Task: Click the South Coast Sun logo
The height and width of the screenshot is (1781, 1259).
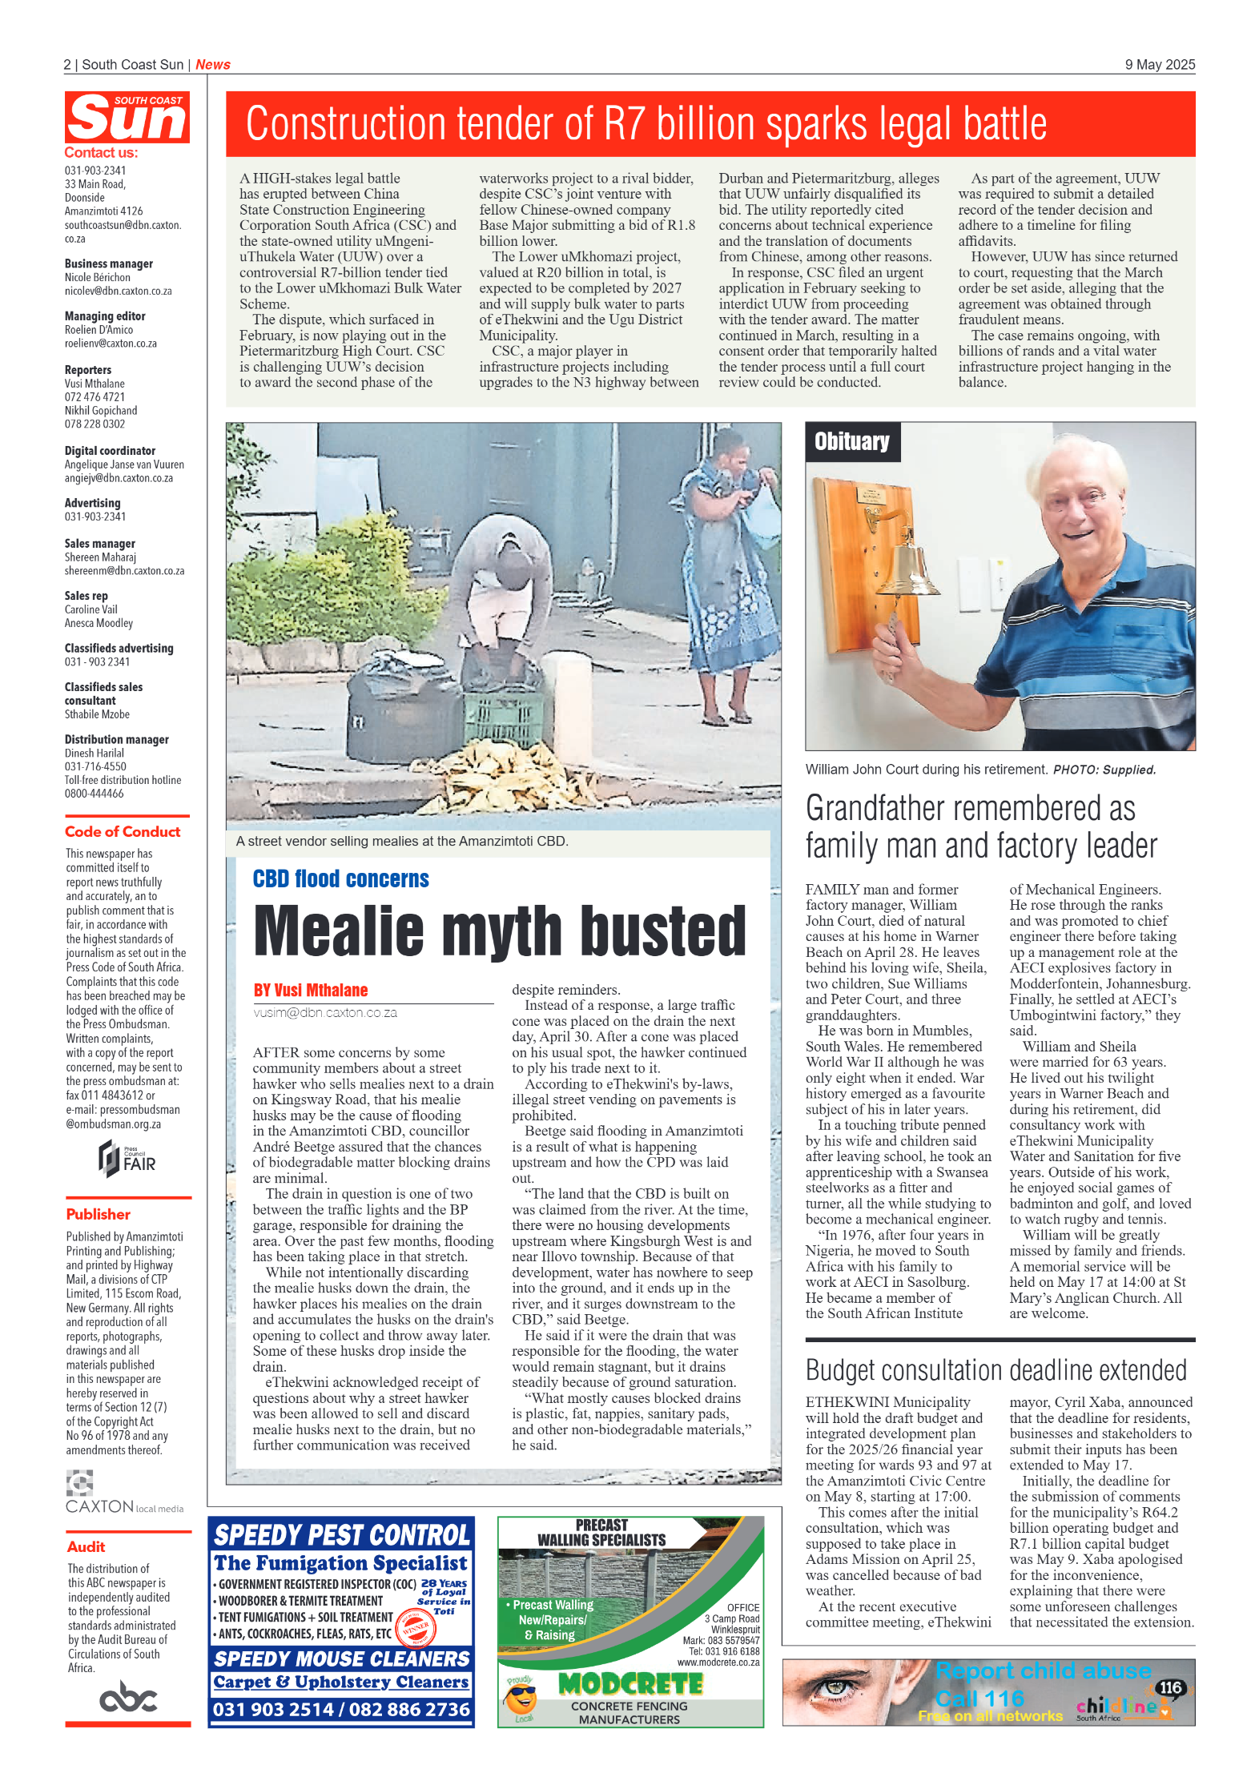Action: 127,117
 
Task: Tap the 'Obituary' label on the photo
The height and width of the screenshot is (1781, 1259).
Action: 851,442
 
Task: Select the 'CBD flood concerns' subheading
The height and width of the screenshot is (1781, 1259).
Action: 340,879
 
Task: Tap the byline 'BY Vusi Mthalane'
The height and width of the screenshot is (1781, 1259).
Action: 310,991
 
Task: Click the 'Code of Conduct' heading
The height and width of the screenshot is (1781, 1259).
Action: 123,832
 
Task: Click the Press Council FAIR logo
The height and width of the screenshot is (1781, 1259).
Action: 127,1159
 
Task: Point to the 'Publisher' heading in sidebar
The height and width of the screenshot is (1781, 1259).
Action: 98,1214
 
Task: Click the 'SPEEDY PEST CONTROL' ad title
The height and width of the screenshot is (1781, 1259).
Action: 341,1535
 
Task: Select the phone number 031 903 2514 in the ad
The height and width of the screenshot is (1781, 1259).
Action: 272,1710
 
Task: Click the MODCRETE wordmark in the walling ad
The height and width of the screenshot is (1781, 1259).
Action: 629,1685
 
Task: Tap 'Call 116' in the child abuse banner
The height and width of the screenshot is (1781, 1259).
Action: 979,1699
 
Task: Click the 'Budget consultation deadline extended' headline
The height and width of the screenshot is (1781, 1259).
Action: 996,1370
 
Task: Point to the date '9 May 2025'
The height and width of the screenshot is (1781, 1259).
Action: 1159,65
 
